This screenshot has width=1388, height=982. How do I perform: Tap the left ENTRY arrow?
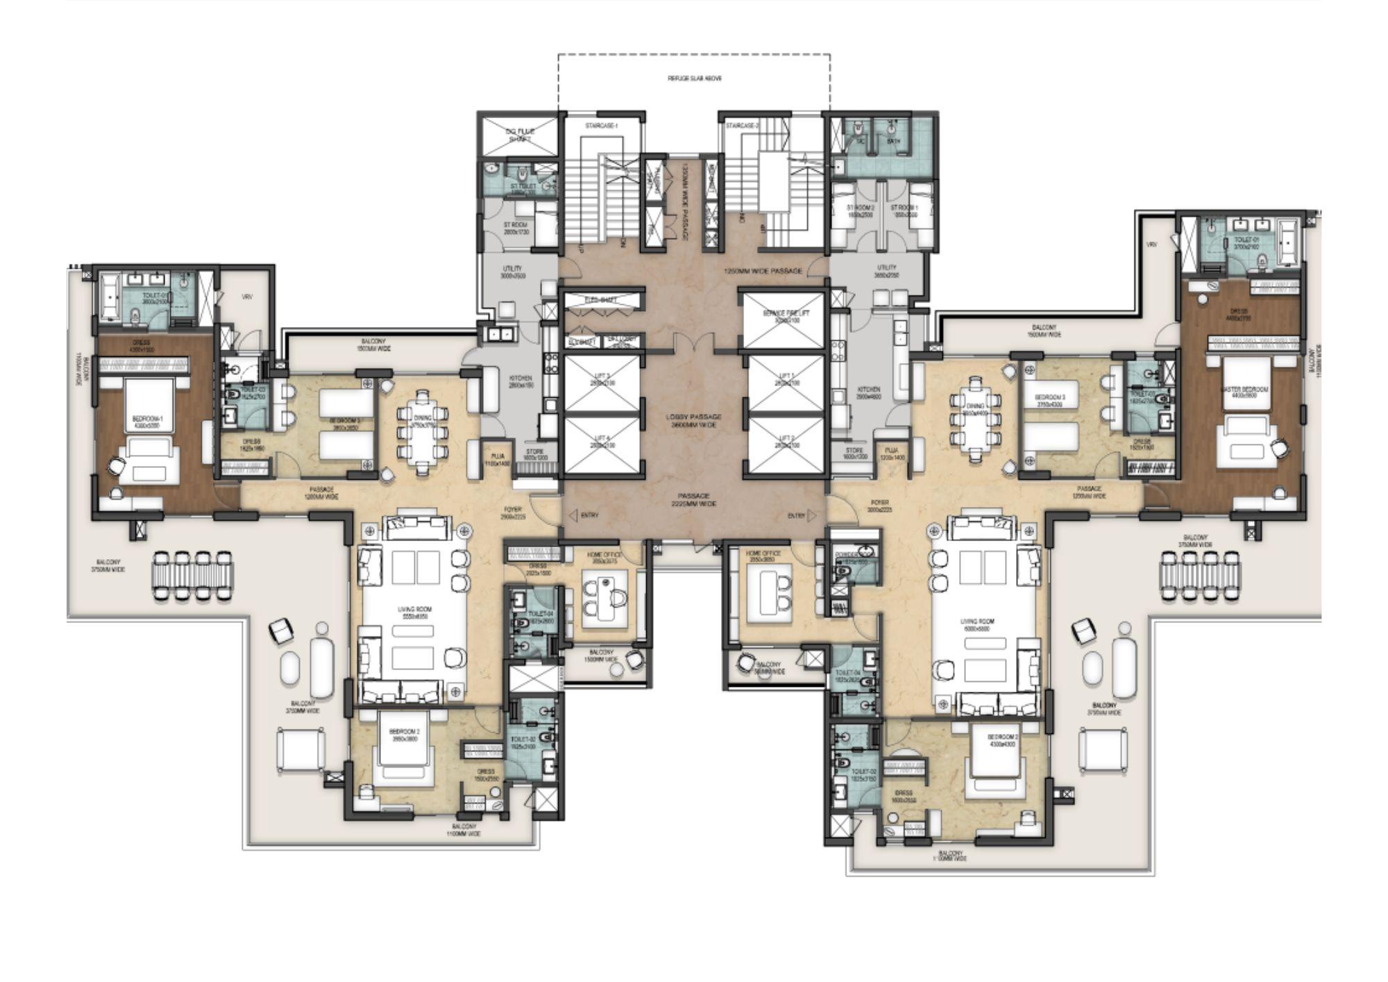574,515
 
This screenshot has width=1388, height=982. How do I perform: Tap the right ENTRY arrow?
812,515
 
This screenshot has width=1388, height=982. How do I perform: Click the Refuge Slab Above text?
694,79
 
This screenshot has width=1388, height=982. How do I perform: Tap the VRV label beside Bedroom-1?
246,297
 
